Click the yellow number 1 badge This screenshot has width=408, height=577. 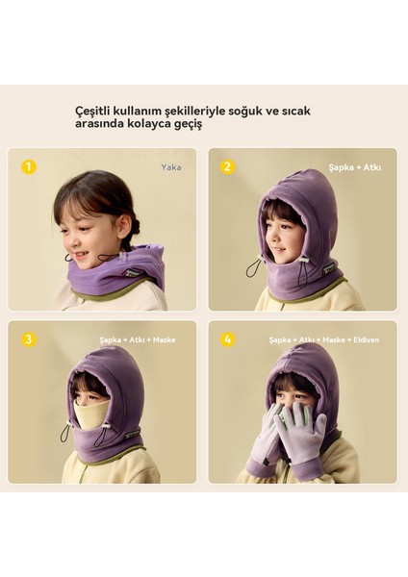(x=29, y=166)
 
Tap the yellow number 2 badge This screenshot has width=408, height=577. (x=228, y=166)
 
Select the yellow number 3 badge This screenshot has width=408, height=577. (x=29, y=339)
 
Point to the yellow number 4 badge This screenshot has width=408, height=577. (x=228, y=339)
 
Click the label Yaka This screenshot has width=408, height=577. (x=171, y=167)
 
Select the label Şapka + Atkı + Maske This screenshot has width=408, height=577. (x=138, y=339)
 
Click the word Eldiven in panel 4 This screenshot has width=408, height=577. (x=369, y=339)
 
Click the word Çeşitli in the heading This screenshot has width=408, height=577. (x=95, y=111)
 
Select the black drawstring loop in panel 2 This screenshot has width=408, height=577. (x=252, y=268)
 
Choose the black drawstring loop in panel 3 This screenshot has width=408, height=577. (x=64, y=434)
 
